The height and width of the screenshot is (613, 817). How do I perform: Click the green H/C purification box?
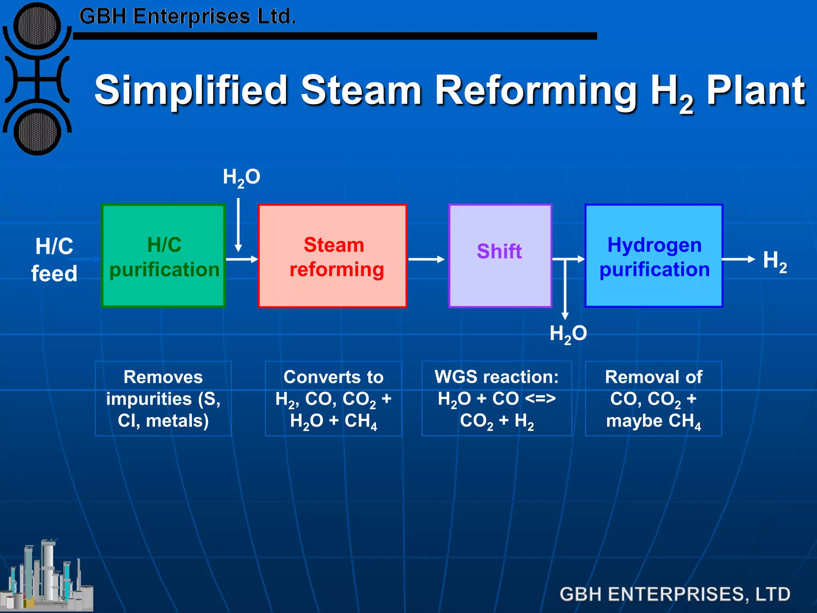(x=164, y=256)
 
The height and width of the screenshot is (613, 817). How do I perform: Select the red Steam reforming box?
(x=332, y=256)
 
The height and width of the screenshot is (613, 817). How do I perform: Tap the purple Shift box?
(x=500, y=256)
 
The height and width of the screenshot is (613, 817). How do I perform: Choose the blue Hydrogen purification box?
(x=654, y=256)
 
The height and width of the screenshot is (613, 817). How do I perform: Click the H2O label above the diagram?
(x=241, y=177)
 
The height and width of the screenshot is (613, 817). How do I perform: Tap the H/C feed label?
(x=54, y=260)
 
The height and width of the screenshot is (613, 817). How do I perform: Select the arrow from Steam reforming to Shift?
(x=426, y=259)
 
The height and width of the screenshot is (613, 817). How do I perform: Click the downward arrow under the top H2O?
(x=238, y=225)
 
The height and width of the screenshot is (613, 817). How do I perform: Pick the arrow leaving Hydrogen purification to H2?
(x=738, y=259)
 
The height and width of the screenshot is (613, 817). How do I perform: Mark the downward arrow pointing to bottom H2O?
(x=565, y=291)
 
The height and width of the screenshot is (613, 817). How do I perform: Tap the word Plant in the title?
(x=756, y=91)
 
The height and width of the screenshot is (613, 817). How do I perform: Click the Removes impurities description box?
(x=163, y=398)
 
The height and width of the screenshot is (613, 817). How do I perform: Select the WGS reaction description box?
(x=497, y=398)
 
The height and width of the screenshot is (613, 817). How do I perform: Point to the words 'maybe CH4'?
(x=653, y=421)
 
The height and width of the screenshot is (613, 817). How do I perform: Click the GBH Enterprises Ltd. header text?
(x=187, y=17)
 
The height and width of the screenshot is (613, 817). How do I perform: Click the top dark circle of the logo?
(x=37, y=26)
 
